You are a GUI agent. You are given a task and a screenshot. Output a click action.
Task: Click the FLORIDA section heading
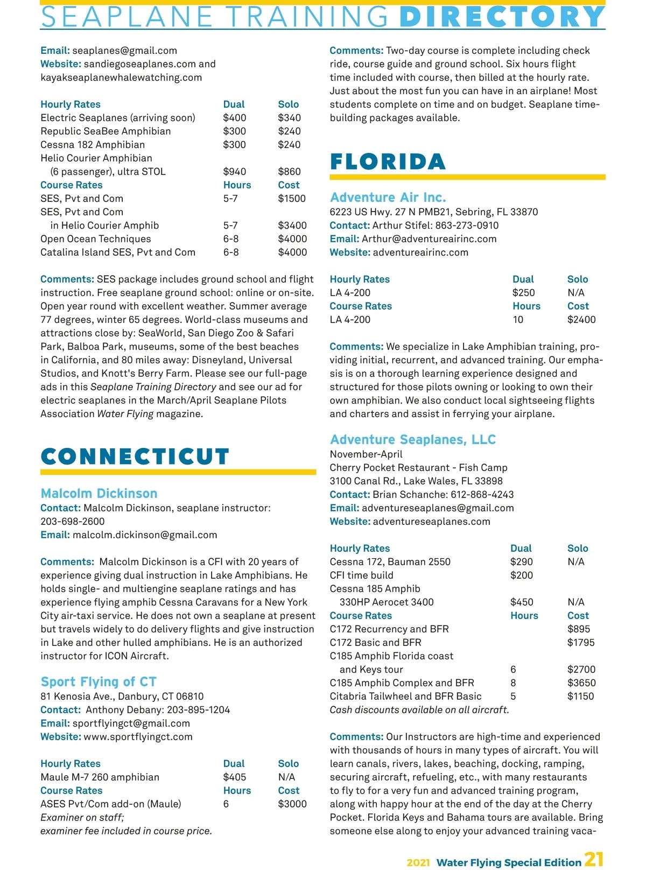pos(388,161)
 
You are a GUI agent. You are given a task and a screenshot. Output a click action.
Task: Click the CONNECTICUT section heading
pos(135,456)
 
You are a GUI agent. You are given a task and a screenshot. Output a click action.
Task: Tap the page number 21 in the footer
pos(594,860)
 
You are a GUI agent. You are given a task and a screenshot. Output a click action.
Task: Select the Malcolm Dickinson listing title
pos(99,494)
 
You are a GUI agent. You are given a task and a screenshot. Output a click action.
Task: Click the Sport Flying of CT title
pos(99,682)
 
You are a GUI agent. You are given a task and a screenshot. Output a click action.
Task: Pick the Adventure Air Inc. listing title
pos(388,198)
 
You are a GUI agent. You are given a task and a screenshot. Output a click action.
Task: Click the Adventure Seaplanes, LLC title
pos(412,440)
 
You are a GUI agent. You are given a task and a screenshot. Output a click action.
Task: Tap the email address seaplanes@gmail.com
pos(124,51)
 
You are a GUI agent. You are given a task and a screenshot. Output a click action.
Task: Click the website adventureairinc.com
pos(420,252)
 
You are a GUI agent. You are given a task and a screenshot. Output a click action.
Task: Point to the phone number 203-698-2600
pos(73,522)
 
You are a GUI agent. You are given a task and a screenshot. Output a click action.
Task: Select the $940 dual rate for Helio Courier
pos(235,172)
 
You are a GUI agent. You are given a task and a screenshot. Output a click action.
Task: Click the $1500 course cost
pos(292,199)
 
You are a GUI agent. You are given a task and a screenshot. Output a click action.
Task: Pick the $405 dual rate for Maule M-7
pos(235,777)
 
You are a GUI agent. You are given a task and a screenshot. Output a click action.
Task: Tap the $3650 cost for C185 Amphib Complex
pos(581,683)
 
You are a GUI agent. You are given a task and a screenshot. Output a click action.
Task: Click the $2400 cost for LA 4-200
pos(581,320)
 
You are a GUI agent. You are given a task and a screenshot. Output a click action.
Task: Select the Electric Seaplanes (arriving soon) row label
pos(118,118)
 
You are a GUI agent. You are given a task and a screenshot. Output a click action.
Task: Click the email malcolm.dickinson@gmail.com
pos(145,535)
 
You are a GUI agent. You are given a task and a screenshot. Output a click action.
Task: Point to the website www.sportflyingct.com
pos(138,737)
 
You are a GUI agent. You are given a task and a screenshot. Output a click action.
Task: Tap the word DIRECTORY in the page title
pos(502,17)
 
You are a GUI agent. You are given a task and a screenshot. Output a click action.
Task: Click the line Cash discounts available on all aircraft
pos(419,710)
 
